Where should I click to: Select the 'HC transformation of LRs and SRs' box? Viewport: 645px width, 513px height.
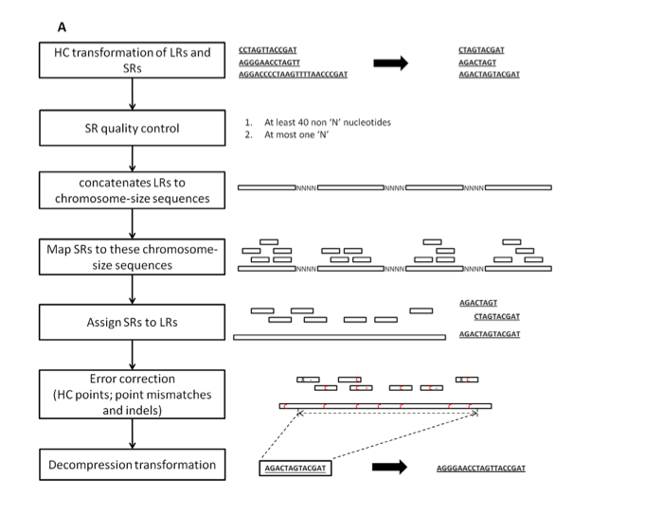132,62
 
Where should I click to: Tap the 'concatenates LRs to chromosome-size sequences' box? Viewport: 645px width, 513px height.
132,189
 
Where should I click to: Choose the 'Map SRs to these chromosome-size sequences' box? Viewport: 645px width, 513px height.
132,257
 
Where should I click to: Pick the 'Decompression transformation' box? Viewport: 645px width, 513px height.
132,465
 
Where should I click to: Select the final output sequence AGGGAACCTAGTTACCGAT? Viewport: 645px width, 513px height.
481,469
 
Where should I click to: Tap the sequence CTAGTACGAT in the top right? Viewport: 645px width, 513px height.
481,49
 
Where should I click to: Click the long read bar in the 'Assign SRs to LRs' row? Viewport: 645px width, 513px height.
339,336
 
